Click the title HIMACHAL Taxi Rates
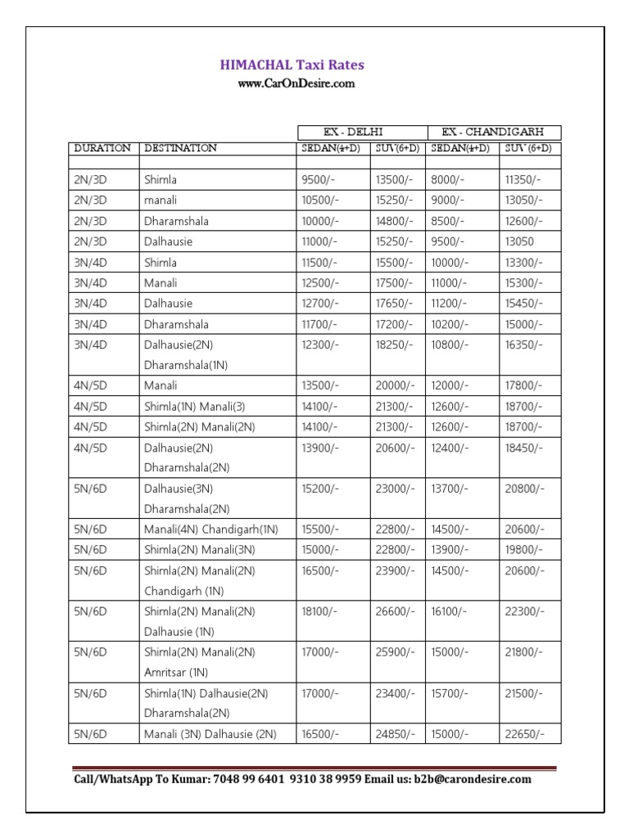click(291, 65)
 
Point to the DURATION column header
click(102, 148)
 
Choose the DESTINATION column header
click(180, 148)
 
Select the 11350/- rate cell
click(523, 179)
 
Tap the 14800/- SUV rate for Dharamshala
click(395, 221)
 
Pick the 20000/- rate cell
click(395, 385)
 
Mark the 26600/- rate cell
click(395, 611)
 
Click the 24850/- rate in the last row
click(395, 734)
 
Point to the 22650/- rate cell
click(524, 734)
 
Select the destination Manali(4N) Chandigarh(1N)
click(211, 529)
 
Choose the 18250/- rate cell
click(395, 345)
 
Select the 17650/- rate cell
click(395, 304)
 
